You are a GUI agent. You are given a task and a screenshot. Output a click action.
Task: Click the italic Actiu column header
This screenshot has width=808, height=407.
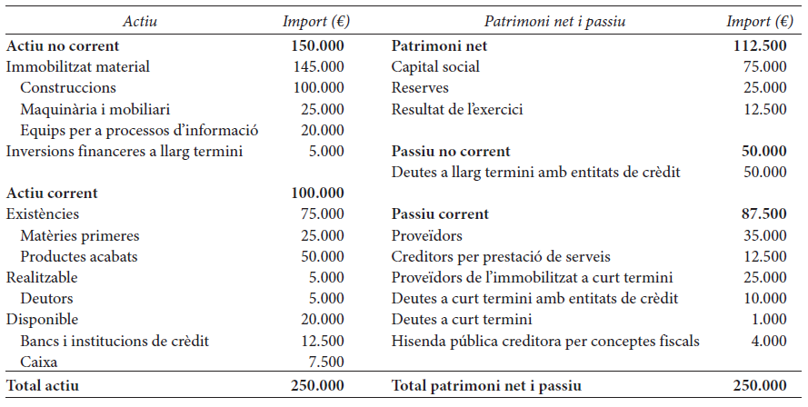pos(140,21)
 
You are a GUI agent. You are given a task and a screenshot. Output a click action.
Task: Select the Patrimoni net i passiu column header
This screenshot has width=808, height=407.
pos(554,21)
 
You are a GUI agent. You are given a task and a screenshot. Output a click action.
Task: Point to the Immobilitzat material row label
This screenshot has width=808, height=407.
pos(78,66)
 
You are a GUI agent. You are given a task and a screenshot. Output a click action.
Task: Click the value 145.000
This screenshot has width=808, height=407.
pos(318,66)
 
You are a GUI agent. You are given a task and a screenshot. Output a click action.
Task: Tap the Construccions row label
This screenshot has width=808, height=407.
pos(68,87)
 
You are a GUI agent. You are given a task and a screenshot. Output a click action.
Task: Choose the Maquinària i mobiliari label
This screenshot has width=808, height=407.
pos(95,109)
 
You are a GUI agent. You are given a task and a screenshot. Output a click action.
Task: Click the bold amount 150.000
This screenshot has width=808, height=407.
pos(317,45)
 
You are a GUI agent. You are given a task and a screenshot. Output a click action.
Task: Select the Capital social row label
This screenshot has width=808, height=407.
pos(435,66)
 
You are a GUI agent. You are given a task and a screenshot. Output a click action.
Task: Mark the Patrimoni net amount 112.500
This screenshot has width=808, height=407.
pos(760,45)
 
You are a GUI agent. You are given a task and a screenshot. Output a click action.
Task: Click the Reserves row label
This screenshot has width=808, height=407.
pos(420,87)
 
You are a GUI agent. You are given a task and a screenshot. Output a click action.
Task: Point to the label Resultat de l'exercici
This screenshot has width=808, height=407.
pos(457,109)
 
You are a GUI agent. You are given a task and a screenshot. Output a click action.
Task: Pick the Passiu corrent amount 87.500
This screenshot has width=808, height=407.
pos(764,213)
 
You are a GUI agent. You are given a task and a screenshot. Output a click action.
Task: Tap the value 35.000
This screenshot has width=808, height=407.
pos(764,235)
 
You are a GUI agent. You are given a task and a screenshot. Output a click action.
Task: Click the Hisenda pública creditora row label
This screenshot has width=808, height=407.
pos(545,341)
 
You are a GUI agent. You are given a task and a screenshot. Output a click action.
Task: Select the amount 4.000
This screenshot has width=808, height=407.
pos(769,341)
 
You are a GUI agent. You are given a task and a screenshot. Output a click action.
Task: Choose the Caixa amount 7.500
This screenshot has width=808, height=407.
pos(326,362)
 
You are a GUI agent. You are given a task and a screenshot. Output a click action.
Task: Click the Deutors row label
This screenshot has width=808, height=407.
pos(47,298)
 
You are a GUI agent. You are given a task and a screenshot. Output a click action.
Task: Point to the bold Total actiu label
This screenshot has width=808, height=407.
pos(42,385)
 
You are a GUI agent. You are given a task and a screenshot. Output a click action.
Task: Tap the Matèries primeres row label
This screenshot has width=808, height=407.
pos(80,236)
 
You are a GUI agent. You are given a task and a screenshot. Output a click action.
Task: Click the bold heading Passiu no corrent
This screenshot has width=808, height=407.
pos(451,151)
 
